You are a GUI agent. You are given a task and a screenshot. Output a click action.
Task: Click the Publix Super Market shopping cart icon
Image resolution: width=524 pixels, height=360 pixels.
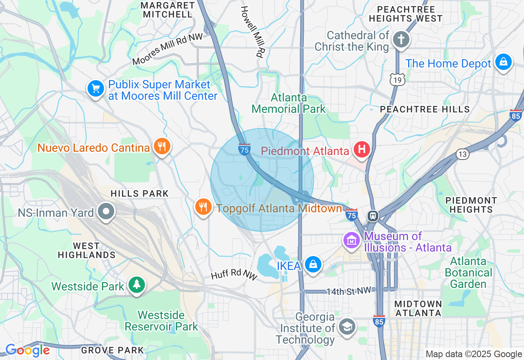pyautogui.click(x=95, y=88)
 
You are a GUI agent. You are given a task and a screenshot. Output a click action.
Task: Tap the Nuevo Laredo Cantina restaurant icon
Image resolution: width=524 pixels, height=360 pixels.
pyautogui.click(x=162, y=146)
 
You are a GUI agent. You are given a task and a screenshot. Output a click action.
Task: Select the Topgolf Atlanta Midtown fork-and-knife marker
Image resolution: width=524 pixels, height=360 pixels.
pyautogui.click(x=203, y=207)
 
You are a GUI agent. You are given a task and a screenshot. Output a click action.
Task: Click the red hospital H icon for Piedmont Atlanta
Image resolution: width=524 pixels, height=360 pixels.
pyautogui.click(x=362, y=149)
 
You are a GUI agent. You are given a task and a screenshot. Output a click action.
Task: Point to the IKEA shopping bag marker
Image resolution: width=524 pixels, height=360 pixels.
pyautogui.click(x=313, y=265)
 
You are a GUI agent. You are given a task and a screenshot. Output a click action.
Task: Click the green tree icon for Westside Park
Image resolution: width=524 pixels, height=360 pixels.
pyautogui.click(x=137, y=285)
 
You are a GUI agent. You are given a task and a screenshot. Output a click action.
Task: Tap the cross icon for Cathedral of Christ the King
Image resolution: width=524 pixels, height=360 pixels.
pyautogui.click(x=401, y=40)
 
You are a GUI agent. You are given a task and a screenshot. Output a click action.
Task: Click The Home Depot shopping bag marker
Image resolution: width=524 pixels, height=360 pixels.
pyautogui.click(x=503, y=62)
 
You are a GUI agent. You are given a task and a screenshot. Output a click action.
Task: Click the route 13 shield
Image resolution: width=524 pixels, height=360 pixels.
pyautogui.click(x=462, y=154)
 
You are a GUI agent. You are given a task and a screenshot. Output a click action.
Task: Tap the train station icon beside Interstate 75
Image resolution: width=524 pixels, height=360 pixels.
pyautogui.click(x=373, y=216)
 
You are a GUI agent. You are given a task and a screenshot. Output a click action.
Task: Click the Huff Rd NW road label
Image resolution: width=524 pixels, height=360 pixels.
pyautogui.click(x=234, y=274)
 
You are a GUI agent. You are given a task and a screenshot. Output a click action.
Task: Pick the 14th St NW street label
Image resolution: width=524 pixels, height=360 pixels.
pyautogui.click(x=348, y=291)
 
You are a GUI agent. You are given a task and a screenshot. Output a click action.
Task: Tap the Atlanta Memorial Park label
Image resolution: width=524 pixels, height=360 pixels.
pyautogui.click(x=289, y=103)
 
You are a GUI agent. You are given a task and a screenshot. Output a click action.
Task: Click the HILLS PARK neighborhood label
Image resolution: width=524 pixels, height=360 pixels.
pyautogui.click(x=140, y=193)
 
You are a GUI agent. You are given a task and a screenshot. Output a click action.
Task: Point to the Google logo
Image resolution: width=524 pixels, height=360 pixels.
pyautogui.click(x=27, y=351)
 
